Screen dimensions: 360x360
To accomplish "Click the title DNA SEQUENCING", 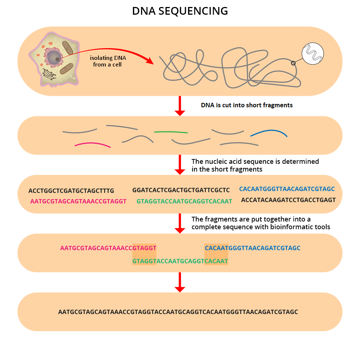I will [x=180, y=11].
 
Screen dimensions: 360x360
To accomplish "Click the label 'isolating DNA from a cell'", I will [x=106, y=61].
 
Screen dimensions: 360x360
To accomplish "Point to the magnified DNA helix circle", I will [x=313, y=53].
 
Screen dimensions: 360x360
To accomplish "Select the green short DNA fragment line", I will [x=171, y=132].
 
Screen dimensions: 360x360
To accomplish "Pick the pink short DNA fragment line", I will [x=93, y=144].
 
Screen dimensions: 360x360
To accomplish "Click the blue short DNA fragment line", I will [x=269, y=133].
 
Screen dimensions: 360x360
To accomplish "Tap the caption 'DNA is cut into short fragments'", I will [x=247, y=105].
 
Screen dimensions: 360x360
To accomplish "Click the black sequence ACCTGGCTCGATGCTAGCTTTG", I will [x=71, y=191].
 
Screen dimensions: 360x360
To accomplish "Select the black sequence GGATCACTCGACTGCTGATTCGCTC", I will [x=181, y=190].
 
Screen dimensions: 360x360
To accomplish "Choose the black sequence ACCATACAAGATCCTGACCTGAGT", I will [x=288, y=200].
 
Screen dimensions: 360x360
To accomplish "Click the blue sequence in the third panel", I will [x=287, y=189].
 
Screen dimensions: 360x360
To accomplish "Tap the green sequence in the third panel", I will [x=184, y=201].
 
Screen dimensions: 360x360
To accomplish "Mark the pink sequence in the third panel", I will [x=78, y=201].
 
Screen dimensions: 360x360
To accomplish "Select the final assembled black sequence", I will [x=178, y=312].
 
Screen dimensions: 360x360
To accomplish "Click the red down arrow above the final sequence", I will [x=180, y=282].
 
